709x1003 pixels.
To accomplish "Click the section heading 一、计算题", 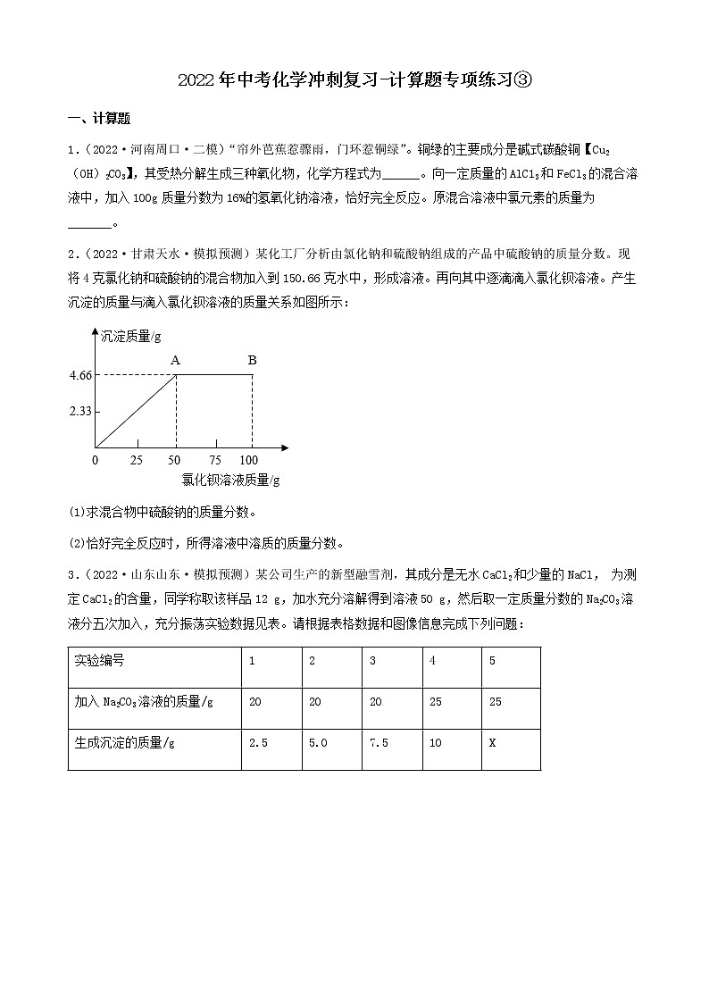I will point(99,119).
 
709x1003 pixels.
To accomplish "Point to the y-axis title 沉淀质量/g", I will point(131,337).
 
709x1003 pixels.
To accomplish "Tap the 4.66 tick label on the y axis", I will point(80,375).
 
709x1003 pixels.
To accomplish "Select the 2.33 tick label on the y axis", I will point(80,411).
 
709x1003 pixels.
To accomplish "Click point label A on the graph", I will point(176,360).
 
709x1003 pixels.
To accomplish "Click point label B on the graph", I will point(252,360).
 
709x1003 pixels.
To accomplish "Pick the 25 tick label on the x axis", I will point(137,460).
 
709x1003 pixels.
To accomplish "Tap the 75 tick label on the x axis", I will point(214,460).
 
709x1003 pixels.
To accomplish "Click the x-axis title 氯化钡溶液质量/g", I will point(230,480).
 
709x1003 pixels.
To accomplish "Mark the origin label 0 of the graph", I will point(96,460).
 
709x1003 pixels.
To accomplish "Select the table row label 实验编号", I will point(99,662).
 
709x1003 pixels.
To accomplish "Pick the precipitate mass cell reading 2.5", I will point(258,742).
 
